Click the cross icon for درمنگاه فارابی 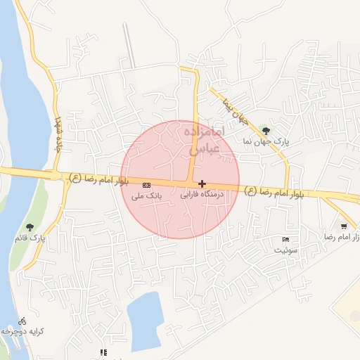coord(202,183)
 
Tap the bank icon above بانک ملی coord(146,184)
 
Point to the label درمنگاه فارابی coord(203,193)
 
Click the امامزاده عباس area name coord(206,140)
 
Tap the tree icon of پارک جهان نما coord(265,130)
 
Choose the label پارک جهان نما coord(266,141)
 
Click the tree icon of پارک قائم coord(30,226)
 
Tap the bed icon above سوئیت coord(285,239)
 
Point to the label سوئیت coord(286,250)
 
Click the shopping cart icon coord(343,226)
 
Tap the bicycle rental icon coord(23,319)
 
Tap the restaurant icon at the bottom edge coord(103,352)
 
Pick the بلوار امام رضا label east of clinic coord(275,192)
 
